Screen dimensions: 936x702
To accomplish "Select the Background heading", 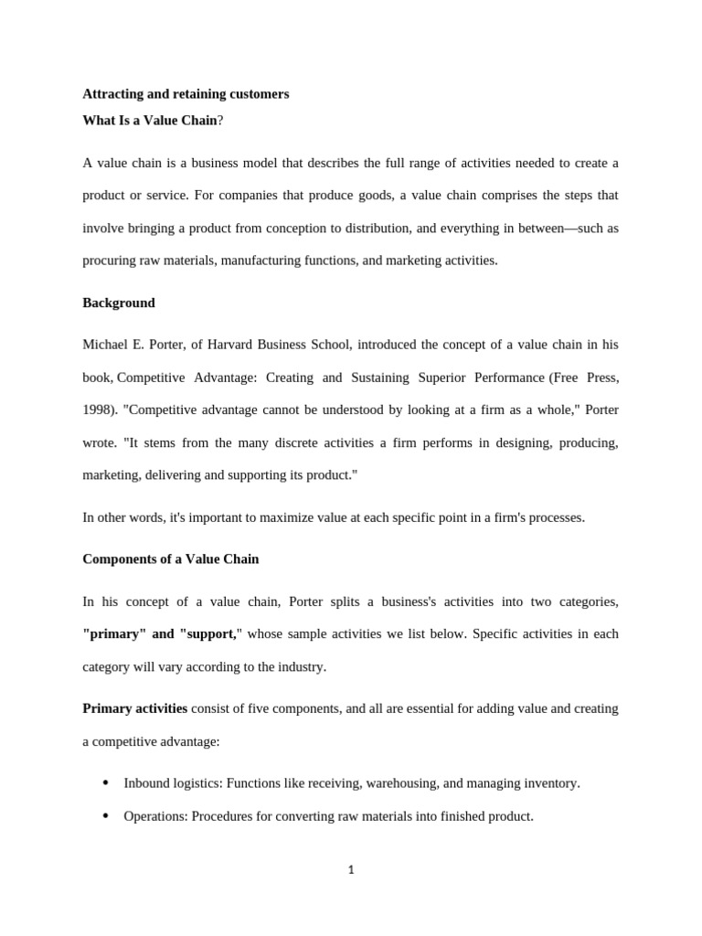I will (119, 303).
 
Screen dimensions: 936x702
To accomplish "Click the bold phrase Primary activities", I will (135, 708).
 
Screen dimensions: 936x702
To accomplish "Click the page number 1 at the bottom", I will (351, 870).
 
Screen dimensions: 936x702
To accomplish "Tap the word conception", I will (346, 229).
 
